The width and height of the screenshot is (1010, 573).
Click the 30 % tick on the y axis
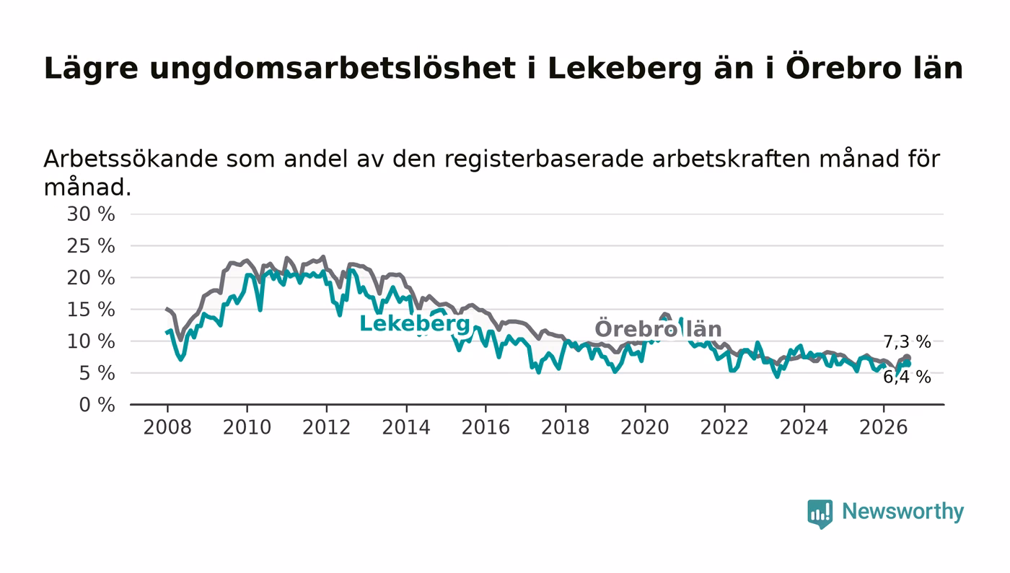tap(91, 214)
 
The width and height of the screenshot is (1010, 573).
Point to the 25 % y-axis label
tap(91, 246)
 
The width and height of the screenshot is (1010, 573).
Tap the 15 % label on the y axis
tap(91, 310)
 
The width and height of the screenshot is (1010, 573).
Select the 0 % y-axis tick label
tap(97, 405)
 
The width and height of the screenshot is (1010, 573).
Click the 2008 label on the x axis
tap(167, 427)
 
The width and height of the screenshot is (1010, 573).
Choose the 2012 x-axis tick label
tap(326, 427)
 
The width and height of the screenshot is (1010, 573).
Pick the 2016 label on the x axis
tap(486, 427)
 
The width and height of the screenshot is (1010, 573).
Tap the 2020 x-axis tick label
tap(645, 427)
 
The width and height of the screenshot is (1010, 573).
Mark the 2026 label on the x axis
tap(883, 427)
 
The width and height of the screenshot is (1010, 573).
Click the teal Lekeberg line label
tap(415, 324)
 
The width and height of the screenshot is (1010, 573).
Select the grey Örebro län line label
tap(658, 328)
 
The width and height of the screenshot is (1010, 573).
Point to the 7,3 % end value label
tap(908, 342)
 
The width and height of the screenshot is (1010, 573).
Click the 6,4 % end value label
tap(908, 377)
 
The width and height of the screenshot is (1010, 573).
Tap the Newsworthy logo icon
tap(820, 514)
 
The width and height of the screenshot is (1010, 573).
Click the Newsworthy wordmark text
tap(903, 512)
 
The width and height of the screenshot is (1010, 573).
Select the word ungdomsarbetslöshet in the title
tap(333, 69)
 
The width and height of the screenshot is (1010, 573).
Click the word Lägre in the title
tap(91, 69)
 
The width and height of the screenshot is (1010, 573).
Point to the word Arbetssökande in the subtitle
tap(131, 159)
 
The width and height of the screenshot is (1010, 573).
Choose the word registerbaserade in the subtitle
tap(544, 159)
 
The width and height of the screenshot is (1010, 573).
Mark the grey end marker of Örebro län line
tap(908, 358)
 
